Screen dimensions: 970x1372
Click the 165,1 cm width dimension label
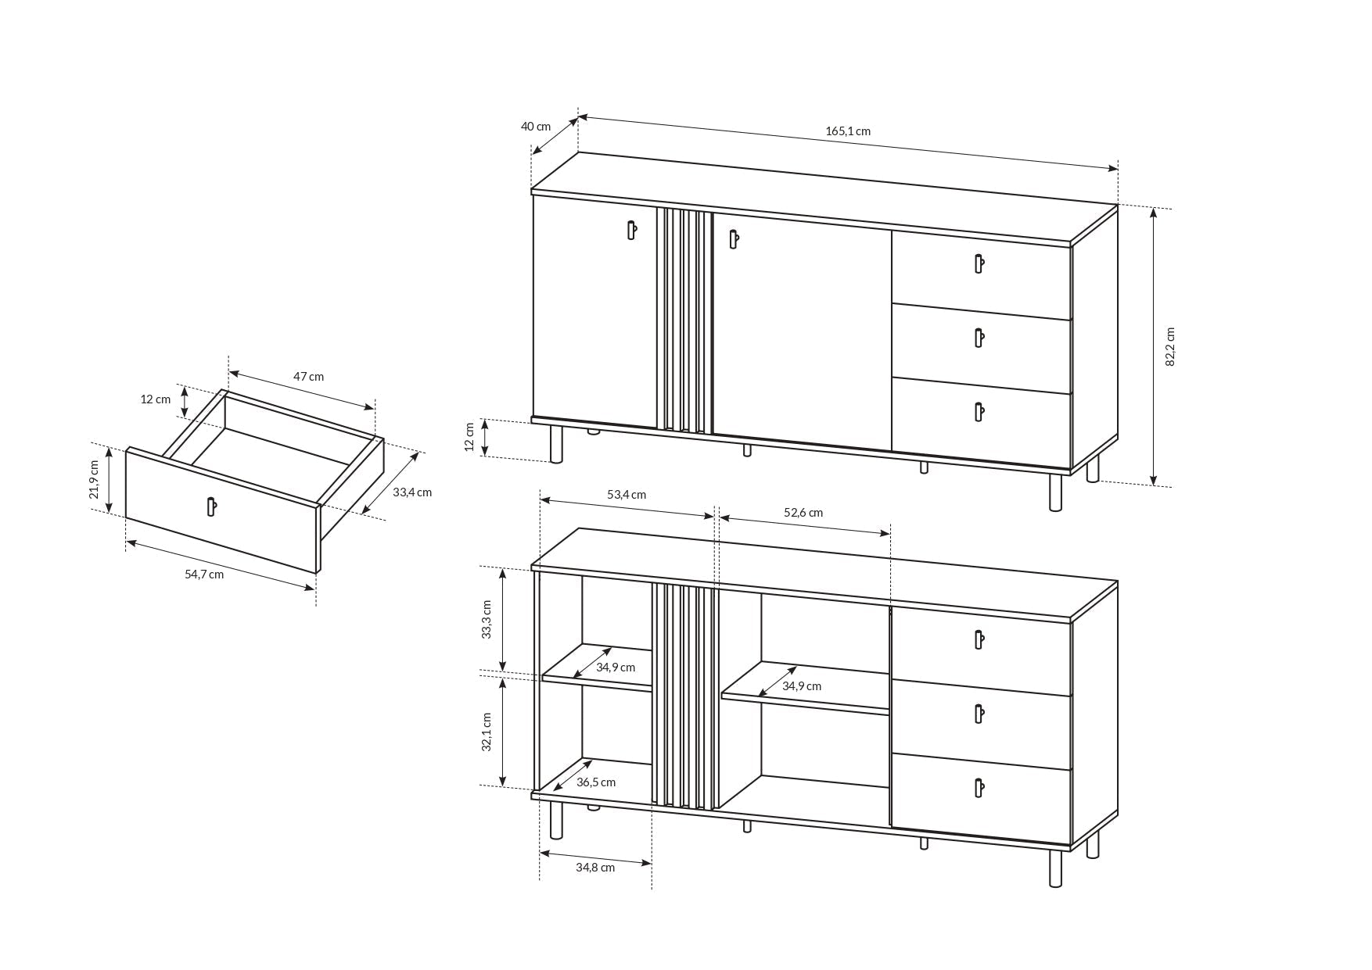847,131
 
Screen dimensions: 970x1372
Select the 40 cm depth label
536,127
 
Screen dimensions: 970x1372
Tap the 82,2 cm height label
1170,346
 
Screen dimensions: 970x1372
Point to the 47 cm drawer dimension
308,377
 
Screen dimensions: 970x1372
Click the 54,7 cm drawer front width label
204,574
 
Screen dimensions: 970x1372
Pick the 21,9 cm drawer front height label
94,479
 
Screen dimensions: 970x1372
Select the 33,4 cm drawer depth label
412,492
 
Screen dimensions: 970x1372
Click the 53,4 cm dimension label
627,495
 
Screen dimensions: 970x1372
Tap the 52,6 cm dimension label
803,513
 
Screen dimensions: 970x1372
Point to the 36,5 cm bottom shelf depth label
596,782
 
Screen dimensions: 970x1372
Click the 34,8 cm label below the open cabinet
595,868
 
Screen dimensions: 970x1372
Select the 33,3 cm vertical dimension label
487,620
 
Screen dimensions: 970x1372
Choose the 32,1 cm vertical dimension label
487,732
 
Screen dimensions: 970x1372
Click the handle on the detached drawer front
210,506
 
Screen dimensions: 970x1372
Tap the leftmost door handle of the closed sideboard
631,230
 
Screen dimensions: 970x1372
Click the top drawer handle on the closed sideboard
978,263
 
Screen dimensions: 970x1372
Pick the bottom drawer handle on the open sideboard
978,788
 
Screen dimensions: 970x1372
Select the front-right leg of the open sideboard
1055,868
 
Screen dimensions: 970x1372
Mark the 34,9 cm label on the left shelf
616,668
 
